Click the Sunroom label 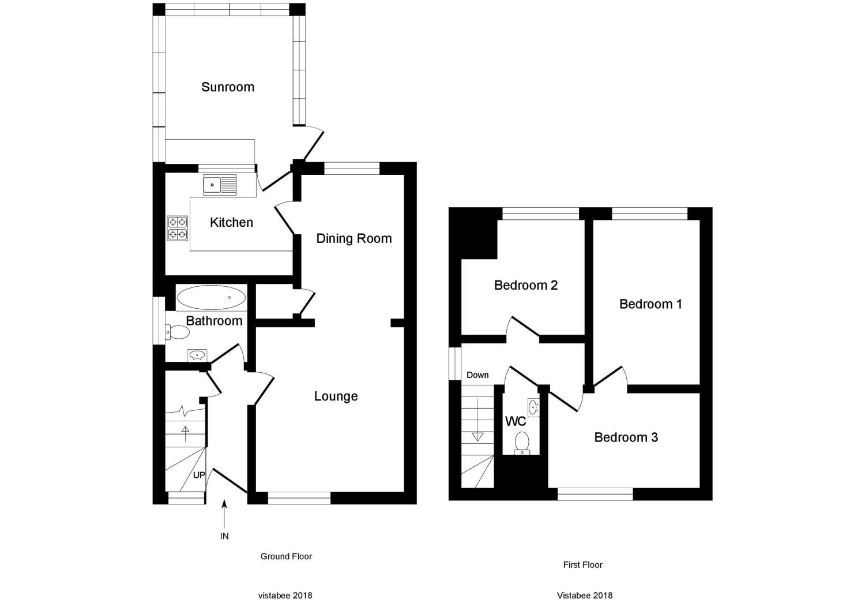click(x=227, y=87)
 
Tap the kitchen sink click(x=220, y=185)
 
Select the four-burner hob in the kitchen click(x=177, y=227)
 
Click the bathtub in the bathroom click(x=211, y=298)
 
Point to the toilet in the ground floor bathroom click(x=178, y=332)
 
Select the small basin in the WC click(x=533, y=407)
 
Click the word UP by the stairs click(x=199, y=476)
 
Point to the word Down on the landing click(x=477, y=375)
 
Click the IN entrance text click(x=224, y=536)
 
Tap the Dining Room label click(x=353, y=238)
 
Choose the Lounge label click(x=336, y=396)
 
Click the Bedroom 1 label click(x=650, y=304)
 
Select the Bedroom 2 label click(x=525, y=285)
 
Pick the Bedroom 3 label click(x=626, y=437)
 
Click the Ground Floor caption click(x=286, y=557)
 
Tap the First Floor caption click(x=582, y=565)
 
